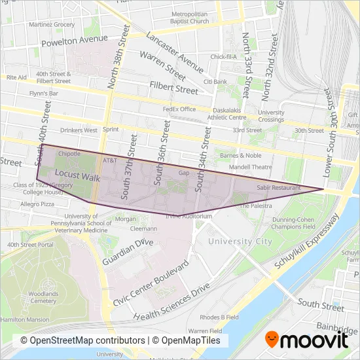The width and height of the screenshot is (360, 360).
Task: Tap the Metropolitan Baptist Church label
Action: pos(190,17)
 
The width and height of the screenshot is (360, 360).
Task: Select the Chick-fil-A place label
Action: pos(223,57)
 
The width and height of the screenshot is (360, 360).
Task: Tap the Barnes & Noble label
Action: pos(241,156)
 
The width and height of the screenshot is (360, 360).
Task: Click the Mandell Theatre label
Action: pos(250,167)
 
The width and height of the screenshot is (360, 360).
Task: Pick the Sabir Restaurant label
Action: pos(279,187)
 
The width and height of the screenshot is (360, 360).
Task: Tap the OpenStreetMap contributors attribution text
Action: pos(82,340)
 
